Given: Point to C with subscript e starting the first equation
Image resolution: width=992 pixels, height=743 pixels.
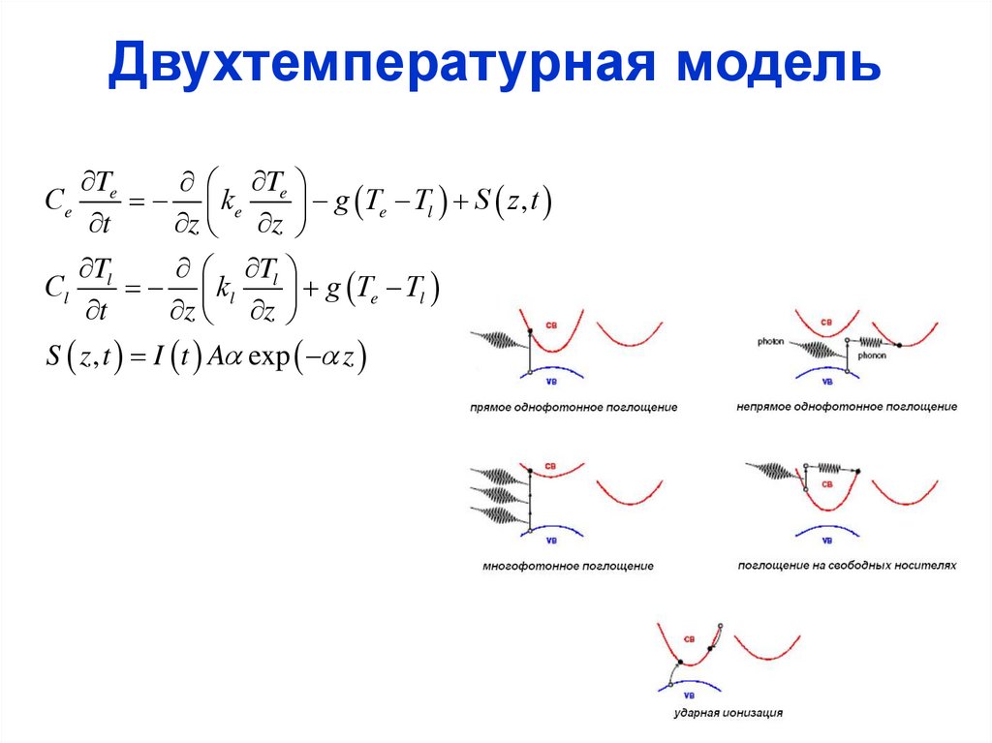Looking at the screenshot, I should [56, 201].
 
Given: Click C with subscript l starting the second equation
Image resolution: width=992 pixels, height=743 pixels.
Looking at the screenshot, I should [55, 289].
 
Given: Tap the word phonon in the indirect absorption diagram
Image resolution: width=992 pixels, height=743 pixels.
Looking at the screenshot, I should [871, 356].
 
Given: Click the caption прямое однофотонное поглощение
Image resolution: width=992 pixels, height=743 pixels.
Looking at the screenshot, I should [573, 408].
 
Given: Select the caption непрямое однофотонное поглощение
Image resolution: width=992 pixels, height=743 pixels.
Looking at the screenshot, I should [847, 408].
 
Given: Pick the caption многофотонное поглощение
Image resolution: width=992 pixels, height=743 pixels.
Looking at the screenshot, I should [568, 566].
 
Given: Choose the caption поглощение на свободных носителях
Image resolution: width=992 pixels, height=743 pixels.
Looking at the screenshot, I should [846, 565].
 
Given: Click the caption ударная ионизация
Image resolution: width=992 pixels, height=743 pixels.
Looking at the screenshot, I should [728, 714].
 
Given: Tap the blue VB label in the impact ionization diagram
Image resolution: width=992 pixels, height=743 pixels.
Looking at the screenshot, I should [691, 694].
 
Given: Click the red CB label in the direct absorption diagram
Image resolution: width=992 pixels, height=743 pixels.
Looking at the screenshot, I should [552, 324].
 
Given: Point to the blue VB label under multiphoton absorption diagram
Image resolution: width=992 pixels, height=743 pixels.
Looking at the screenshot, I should [552, 541].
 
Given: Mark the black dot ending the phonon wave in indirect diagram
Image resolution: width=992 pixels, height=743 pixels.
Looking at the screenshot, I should [899, 345].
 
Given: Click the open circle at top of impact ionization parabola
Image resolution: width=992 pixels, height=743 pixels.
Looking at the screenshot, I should [720, 625].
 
